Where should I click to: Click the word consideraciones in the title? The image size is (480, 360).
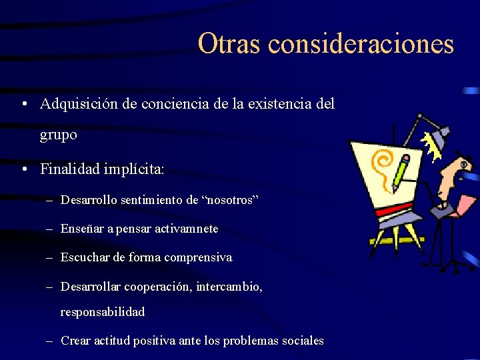point(361,44)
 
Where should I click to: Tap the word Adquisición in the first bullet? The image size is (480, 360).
point(81,104)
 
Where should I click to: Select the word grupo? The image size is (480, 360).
point(59,135)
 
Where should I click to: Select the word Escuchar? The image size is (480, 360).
point(82,257)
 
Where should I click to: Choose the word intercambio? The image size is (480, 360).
point(228,286)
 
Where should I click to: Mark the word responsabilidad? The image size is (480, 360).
point(103,312)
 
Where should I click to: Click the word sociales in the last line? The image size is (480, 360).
point(302,341)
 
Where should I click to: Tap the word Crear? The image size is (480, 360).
point(74,341)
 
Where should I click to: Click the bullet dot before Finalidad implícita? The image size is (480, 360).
point(24,169)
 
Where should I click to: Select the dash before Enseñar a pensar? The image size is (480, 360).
point(50,229)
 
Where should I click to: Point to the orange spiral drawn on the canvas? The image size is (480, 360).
point(383,163)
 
